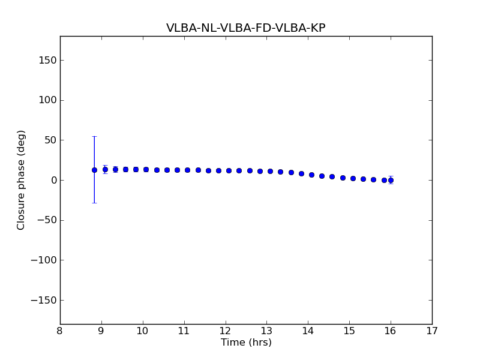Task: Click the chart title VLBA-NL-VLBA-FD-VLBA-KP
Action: pyautogui.click(x=246, y=28)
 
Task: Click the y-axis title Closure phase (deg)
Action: pyautogui.click(x=22, y=180)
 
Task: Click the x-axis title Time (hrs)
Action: pyautogui.click(x=246, y=343)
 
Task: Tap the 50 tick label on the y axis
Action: pyautogui.click(x=49, y=140)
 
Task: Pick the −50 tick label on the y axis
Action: pyautogui.click(x=46, y=220)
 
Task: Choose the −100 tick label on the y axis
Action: pyautogui.click(x=44, y=260)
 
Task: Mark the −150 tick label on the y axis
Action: pyautogui.click(x=44, y=300)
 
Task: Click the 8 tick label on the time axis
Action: pyautogui.click(x=60, y=331)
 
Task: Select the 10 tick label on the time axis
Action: pyautogui.click(x=143, y=331)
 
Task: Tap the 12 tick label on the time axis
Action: pyautogui.click(x=226, y=331)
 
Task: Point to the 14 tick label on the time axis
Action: pyautogui.click(x=308, y=331)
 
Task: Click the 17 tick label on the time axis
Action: pyautogui.click(x=432, y=331)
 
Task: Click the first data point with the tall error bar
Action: pyautogui.click(x=94, y=170)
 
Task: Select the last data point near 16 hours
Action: pyautogui.click(x=391, y=180)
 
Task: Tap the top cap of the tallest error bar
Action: pyautogui.click(x=94, y=136)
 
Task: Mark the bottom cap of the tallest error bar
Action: pyautogui.click(x=94, y=203)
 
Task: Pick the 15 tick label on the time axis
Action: pyautogui.click(x=349, y=331)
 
